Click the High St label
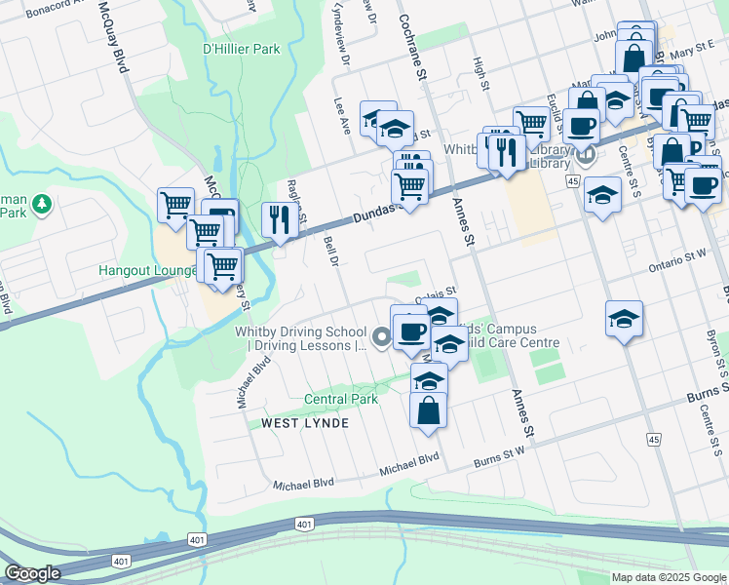480,73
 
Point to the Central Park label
340,399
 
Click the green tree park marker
41,205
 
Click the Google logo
33,573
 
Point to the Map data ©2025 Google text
668,577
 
